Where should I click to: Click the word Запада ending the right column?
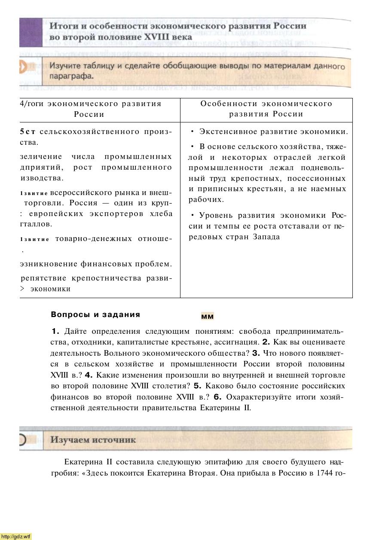tap(266, 237)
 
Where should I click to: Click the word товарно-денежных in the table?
tap(94, 239)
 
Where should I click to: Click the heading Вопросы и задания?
tap(95, 314)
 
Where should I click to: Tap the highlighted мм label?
tap(207, 317)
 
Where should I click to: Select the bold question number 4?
tap(89, 375)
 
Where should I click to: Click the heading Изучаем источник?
tap(93, 440)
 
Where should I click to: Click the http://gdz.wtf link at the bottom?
tap(16, 537)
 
